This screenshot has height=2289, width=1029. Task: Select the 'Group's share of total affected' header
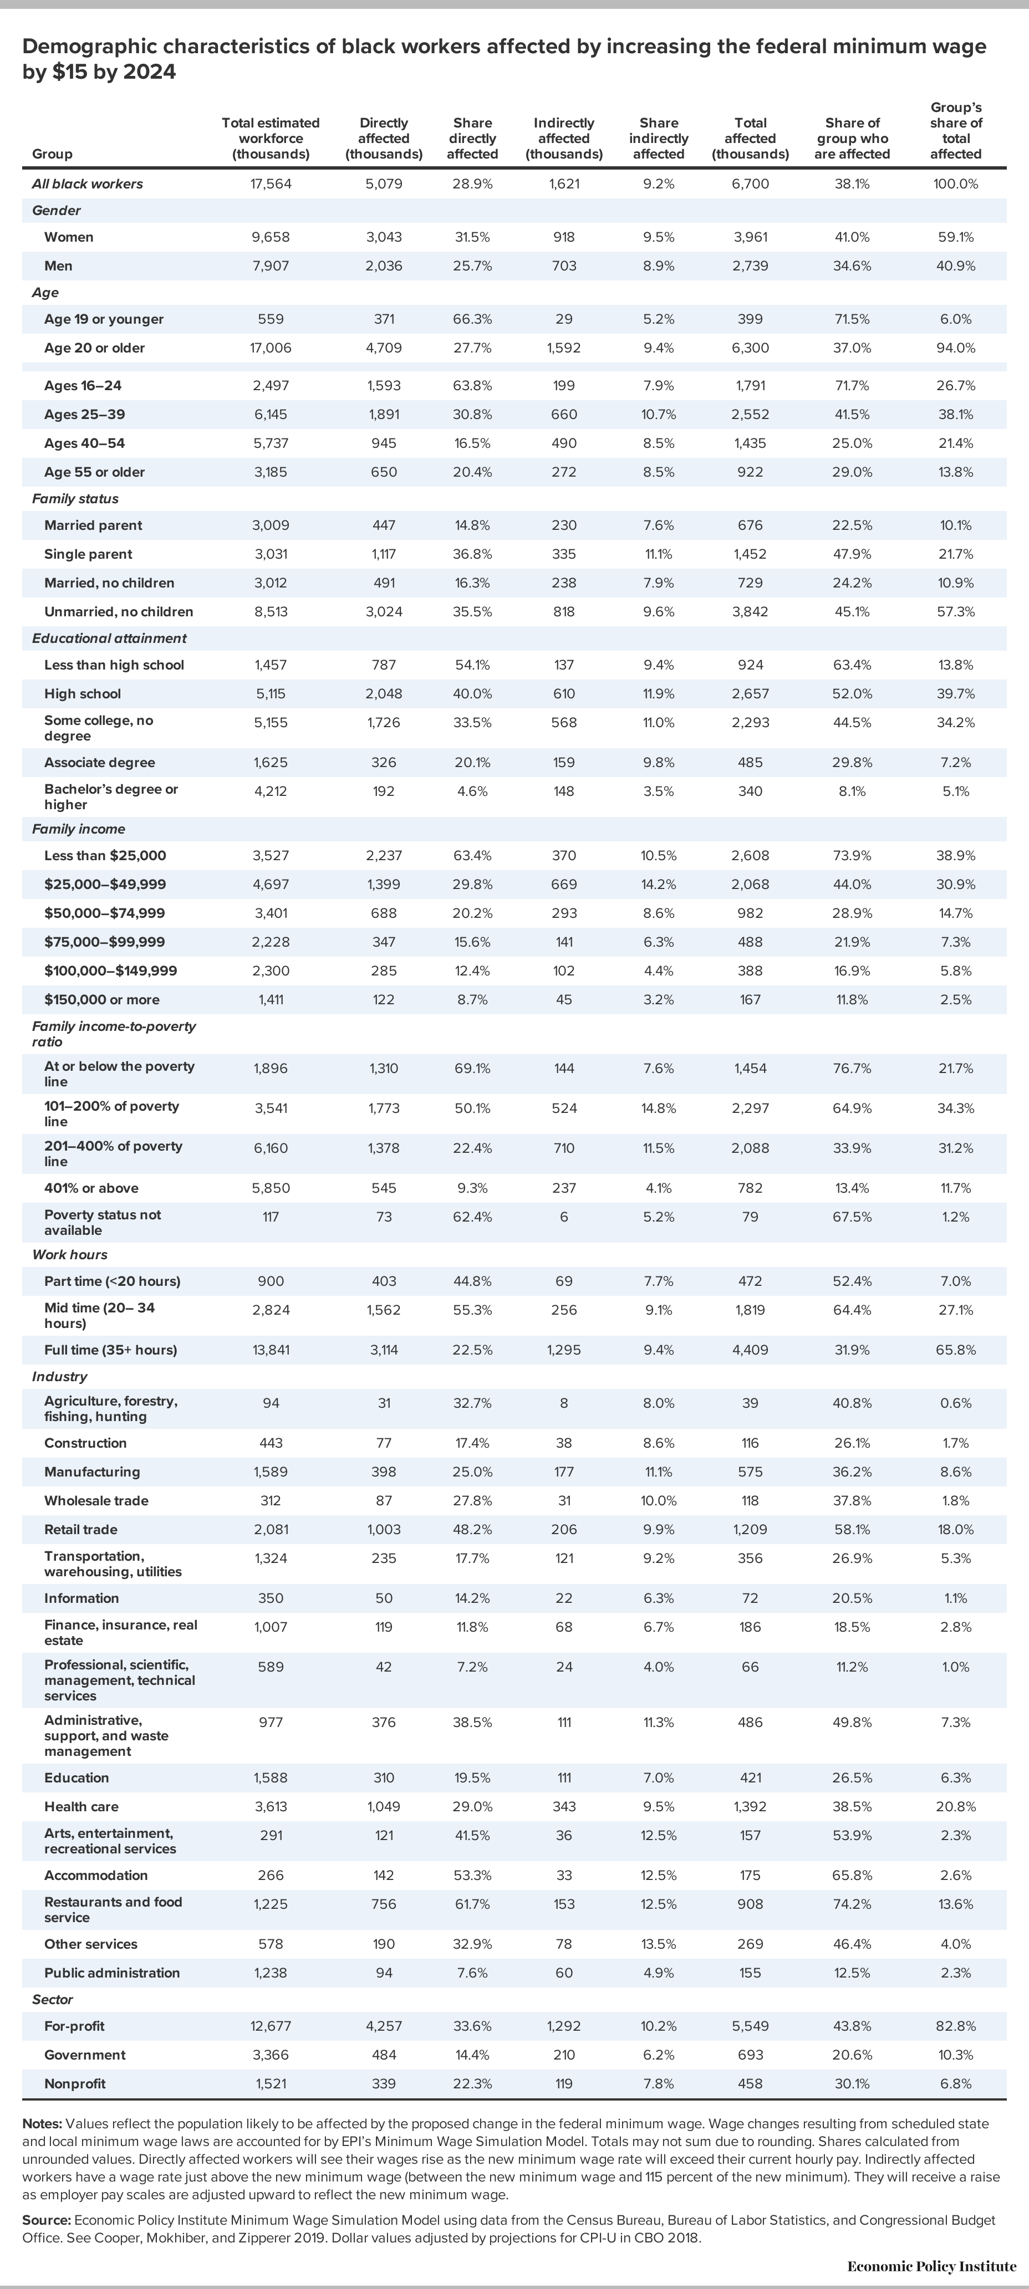click(956, 131)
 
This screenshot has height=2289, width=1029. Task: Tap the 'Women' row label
click(69, 237)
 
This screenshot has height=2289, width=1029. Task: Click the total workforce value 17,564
click(271, 184)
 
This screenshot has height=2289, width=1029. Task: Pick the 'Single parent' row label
click(88, 554)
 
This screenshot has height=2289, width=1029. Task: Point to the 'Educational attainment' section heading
click(109, 638)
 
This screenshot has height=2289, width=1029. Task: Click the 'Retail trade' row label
click(81, 1529)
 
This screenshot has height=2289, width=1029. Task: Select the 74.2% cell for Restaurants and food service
click(852, 1904)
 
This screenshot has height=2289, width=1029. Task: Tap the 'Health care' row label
click(81, 1806)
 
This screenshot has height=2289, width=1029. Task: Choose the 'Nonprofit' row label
click(75, 2084)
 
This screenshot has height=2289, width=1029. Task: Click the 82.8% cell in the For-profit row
click(956, 2026)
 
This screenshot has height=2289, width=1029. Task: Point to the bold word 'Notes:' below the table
click(42, 2124)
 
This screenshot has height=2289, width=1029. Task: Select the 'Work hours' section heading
click(69, 1255)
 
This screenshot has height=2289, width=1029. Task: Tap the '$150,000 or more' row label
click(102, 1000)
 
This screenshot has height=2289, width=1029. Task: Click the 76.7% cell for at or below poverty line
click(852, 1068)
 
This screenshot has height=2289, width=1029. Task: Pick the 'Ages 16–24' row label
click(83, 386)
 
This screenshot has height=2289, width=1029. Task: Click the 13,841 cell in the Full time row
click(271, 1350)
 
